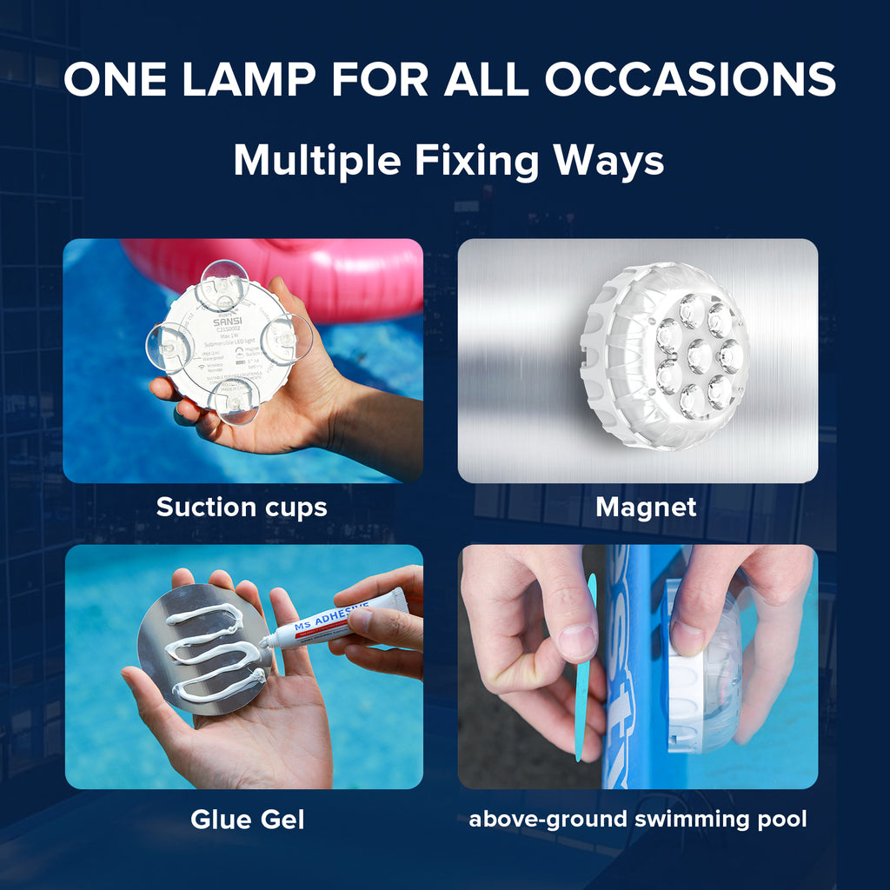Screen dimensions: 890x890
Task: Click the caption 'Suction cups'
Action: click(x=242, y=508)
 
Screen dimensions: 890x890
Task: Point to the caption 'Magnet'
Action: click(x=646, y=508)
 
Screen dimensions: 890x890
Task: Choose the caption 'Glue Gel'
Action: click(x=248, y=819)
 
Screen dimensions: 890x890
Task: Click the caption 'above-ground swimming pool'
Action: click(x=638, y=819)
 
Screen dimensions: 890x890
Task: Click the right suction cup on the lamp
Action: click(x=287, y=338)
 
